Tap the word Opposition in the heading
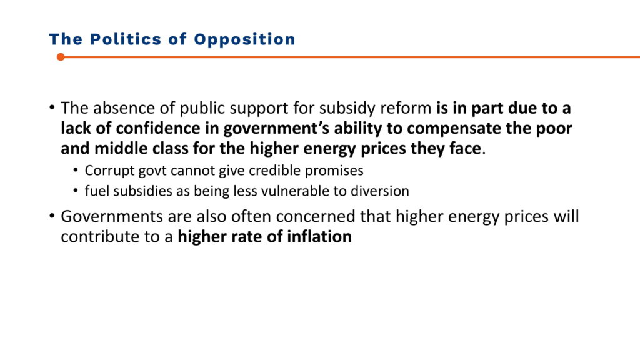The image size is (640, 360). pos(244,39)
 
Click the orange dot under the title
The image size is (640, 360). pos(61,57)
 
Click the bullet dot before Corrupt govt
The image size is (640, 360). pos(76,170)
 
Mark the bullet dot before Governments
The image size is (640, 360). pos(52,216)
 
